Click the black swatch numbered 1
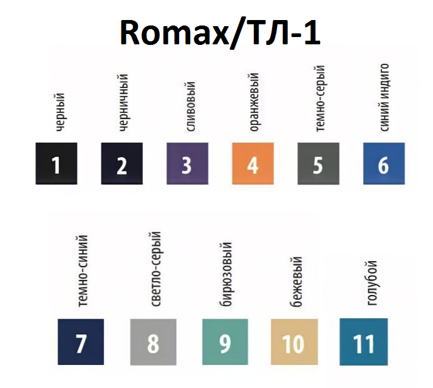[x=56, y=163]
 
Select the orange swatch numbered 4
[x=253, y=163]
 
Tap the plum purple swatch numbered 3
[x=188, y=163]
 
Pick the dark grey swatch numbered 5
[x=318, y=163]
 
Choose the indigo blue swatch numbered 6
[x=384, y=163]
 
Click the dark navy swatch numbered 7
[x=81, y=342]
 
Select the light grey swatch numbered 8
[x=153, y=342]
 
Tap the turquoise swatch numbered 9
[x=225, y=342]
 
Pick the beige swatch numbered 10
[x=295, y=342]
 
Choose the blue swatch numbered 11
[x=364, y=342]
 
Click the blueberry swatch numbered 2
[x=122, y=163]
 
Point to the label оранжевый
[x=254, y=102]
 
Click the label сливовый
[x=191, y=106]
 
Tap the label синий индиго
[x=384, y=98]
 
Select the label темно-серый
[x=319, y=98]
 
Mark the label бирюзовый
[x=226, y=274]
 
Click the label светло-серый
[x=155, y=269]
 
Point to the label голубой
[x=372, y=283]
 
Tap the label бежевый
[x=296, y=281]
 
